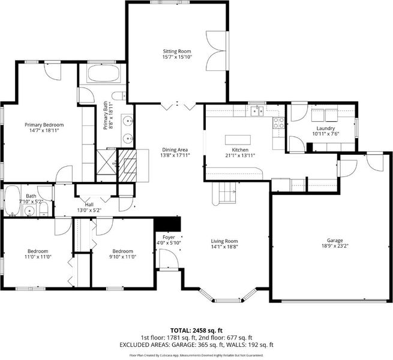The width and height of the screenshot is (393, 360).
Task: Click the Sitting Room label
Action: click(177, 52)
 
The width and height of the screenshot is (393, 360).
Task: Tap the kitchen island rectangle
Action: click(238, 140)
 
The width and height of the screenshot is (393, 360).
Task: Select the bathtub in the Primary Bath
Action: click(103, 73)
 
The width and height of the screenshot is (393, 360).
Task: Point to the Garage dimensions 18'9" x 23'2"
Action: click(335, 246)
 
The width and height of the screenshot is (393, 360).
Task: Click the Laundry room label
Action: click(326, 128)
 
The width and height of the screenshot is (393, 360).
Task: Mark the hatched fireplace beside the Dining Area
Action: click(127, 166)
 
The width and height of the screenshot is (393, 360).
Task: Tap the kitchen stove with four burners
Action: click(278, 123)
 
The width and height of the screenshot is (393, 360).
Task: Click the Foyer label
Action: click(169, 237)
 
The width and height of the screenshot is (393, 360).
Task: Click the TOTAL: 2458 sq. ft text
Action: click(197, 330)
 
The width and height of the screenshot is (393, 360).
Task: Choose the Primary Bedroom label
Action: click(44, 125)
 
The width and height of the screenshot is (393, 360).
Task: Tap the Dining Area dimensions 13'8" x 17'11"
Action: click(175, 155)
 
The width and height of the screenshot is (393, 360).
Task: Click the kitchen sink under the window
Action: click(257, 110)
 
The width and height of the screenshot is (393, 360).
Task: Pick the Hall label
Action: click(89, 205)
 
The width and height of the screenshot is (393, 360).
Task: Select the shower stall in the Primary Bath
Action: click(107, 161)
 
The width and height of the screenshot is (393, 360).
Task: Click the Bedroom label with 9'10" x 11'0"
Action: click(123, 251)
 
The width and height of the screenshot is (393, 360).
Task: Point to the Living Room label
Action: click(224, 241)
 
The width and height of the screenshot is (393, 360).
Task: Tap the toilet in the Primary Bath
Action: click(118, 96)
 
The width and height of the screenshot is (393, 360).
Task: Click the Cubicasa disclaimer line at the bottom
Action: click(197, 355)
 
